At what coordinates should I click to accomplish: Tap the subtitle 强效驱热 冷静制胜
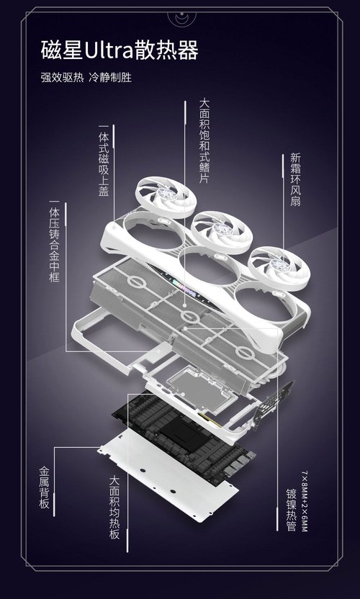(86, 78)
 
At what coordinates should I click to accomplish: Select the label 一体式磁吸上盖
(104, 161)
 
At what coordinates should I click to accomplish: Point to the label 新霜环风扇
(295, 179)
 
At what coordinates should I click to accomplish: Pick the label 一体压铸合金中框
(54, 241)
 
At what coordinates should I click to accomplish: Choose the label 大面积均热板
(114, 507)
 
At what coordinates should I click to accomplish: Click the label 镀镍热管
(291, 510)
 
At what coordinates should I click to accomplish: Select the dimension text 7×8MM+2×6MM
(305, 502)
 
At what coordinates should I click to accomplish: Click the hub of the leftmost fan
(167, 194)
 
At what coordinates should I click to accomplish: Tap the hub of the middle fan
(222, 228)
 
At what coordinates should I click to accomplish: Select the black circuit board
(184, 436)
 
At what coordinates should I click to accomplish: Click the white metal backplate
(168, 476)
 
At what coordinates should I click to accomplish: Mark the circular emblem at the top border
(182, 17)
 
